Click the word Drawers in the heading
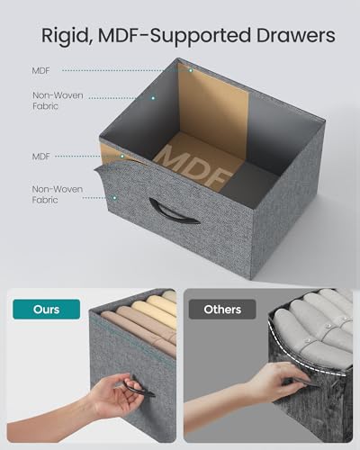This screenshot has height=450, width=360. click(295, 35)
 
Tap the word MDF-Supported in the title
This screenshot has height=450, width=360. click(174, 36)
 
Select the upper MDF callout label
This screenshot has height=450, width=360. click(40, 71)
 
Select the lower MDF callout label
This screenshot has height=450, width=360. click(40, 157)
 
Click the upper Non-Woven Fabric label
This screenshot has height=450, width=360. click(58, 101)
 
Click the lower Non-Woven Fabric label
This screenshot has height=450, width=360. click(58, 194)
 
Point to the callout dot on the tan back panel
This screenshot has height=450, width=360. click(191, 70)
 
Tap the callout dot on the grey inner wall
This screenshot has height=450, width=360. click(153, 98)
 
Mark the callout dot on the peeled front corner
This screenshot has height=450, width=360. click(122, 157)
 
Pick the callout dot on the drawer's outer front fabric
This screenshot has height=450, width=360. click(114, 198)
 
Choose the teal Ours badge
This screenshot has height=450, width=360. click(47, 309)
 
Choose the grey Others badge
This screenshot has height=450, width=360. click(222, 309)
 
